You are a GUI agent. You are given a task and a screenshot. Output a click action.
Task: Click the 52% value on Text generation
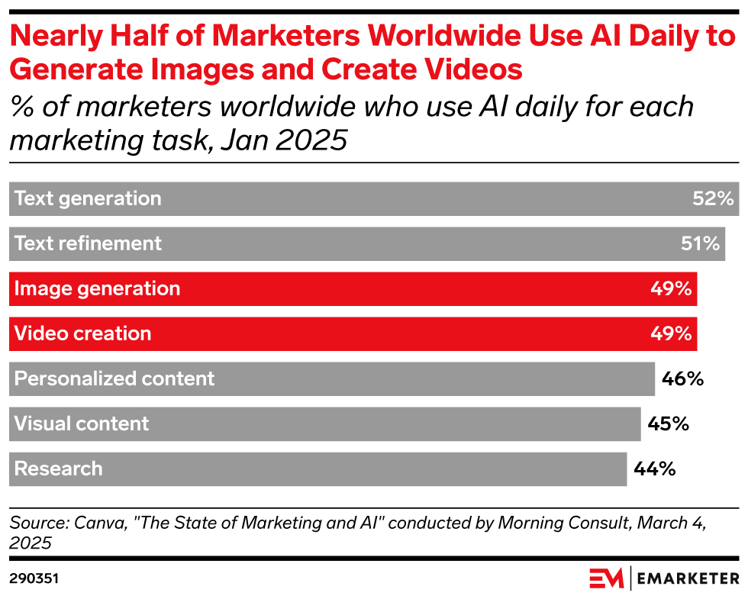coord(713,198)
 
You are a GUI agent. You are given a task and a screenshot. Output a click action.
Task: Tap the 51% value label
coord(701,243)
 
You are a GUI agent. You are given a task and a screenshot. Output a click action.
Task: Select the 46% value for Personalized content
coord(682,378)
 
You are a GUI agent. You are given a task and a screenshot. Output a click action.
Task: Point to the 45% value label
coord(668,423)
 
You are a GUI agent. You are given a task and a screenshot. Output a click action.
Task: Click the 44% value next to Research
coord(655,469)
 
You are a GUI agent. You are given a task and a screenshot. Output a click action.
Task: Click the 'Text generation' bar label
coord(88,198)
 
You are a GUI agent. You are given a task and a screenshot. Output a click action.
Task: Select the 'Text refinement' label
coord(88,243)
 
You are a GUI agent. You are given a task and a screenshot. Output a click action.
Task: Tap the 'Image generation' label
coord(98,288)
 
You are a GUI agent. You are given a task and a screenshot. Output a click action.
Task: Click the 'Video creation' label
coord(82,333)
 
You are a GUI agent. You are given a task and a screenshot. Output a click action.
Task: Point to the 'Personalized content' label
coord(114,378)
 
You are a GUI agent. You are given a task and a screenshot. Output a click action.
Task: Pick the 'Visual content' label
coord(82,423)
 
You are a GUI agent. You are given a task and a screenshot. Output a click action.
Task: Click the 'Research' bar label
coord(58,469)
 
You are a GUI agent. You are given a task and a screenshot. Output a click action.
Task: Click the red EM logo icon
coord(606,578)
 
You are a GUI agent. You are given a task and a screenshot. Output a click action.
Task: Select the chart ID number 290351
coord(34,578)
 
